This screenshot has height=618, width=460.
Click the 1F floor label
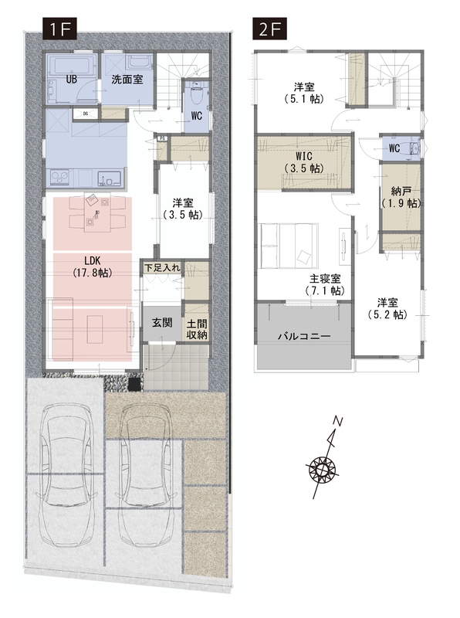click(59, 29)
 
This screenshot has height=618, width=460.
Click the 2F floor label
click(270, 29)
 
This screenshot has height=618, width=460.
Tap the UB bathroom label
click(71, 80)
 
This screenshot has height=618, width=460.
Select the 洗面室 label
click(127, 80)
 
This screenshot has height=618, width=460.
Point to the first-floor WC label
click(197, 115)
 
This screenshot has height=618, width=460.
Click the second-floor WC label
click(394, 148)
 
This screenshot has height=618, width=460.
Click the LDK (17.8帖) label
click(93, 267)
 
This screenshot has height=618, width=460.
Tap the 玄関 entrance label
click(162, 323)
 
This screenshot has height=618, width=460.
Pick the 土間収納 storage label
click(197, 330)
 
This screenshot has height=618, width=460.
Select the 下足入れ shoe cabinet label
click(163, 267)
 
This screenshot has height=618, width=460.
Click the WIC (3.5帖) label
click(303, 162)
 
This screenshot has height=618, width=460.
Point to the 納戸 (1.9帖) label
click(401, 198)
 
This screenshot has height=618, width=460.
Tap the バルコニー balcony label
click(304, 336)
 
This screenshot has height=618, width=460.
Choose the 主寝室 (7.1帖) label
click(324, 284)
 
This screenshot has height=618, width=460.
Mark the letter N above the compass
click(337, 421)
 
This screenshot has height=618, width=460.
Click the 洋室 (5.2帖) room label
click(387, 308)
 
